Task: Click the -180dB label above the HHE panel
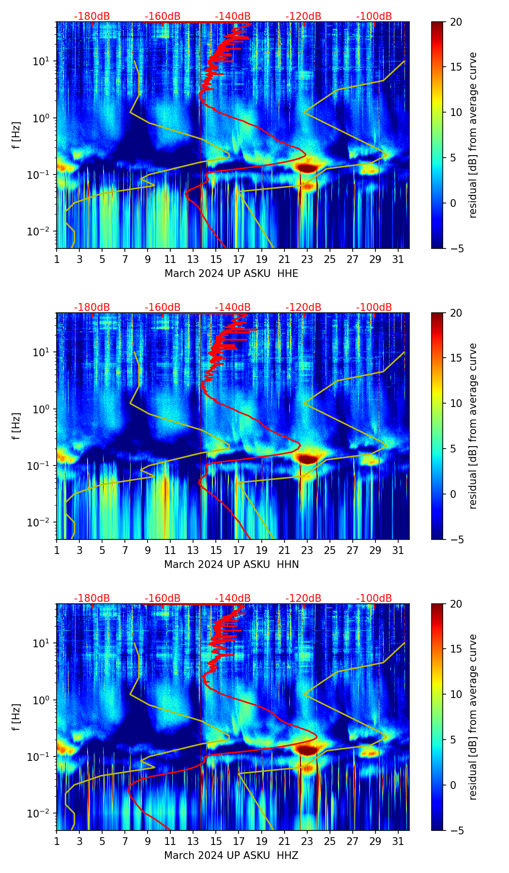coord(92,16)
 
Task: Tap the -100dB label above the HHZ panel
coord(374,598)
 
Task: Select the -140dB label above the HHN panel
coord(233,307)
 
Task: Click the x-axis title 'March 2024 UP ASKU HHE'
coord(231,274)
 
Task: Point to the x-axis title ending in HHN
coord(231,565)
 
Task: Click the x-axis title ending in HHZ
coord(231,856)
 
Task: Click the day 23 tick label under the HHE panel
coord(307,259)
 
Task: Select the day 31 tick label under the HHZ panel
coord(398,841)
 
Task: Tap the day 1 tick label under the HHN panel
coord(57,550)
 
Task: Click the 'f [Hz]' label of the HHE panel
coord(16,135)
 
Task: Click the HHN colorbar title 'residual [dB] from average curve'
coord(473,426)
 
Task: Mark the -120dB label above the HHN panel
coord(303,307)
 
